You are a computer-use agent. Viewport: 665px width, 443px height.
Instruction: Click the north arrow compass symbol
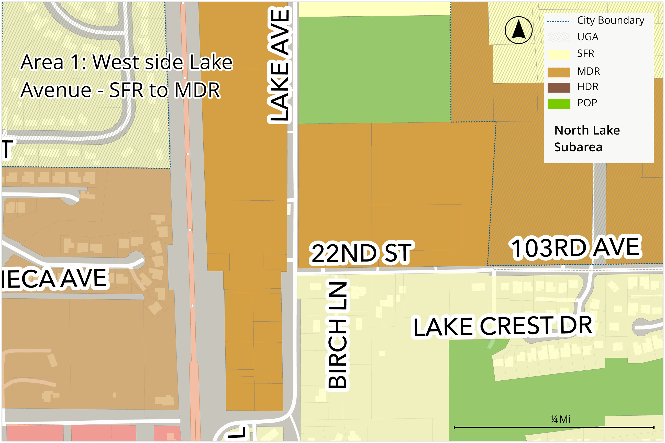click(518, 30)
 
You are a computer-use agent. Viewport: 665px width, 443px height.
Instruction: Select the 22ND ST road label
click(361, 253)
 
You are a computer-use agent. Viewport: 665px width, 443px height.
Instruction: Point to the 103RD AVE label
click(576, 248)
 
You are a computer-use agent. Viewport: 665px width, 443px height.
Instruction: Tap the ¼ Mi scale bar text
click(560, 419)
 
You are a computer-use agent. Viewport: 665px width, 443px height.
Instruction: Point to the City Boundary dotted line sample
click(558, 21)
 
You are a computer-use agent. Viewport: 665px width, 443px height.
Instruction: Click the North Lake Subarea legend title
click(587, 139)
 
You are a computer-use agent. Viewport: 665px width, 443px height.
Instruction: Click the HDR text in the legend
click(588, 87)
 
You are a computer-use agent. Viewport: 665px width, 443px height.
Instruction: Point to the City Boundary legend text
click(611, 20)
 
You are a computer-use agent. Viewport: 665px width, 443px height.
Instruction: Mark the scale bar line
click(554, 427)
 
